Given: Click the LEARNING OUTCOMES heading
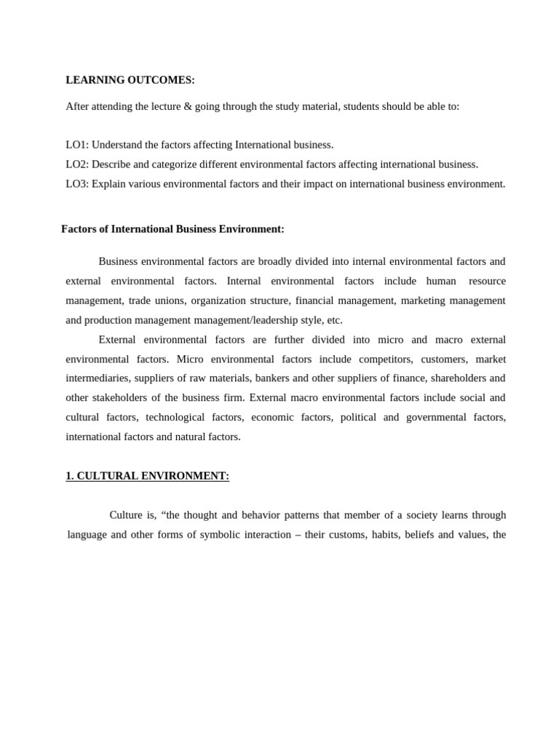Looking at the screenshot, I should pyautogui.click(x=130, y=80).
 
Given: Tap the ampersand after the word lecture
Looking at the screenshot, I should pyautogui.click(x=188, y=106).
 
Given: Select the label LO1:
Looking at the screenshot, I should pyautogui.click(x=77, y=145).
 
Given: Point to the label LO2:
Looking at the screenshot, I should pyautogui.click(x=77, y=164).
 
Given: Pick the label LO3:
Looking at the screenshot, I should pyautogui.click(x=77, y=184).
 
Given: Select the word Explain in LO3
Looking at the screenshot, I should pyautogui.click(x=108, y=184).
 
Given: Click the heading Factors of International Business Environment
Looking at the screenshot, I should pyautogui.click(x=173, y=229).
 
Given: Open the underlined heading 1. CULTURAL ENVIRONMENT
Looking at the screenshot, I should pyautogui.click(x=147, y=476).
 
